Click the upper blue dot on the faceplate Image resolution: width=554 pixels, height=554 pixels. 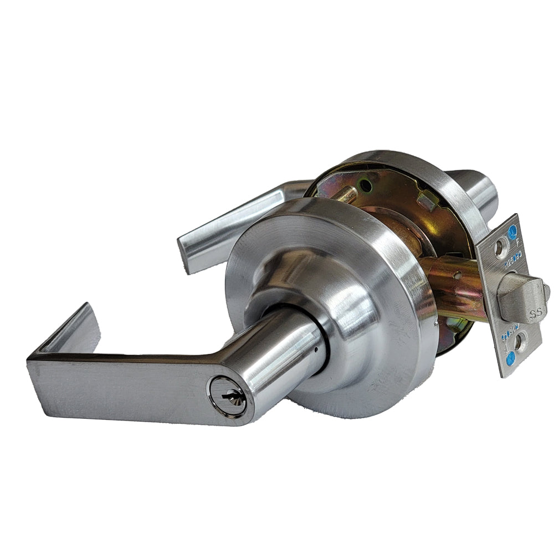coord(512,230)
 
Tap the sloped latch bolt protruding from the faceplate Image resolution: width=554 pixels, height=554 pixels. coord(521,299)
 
